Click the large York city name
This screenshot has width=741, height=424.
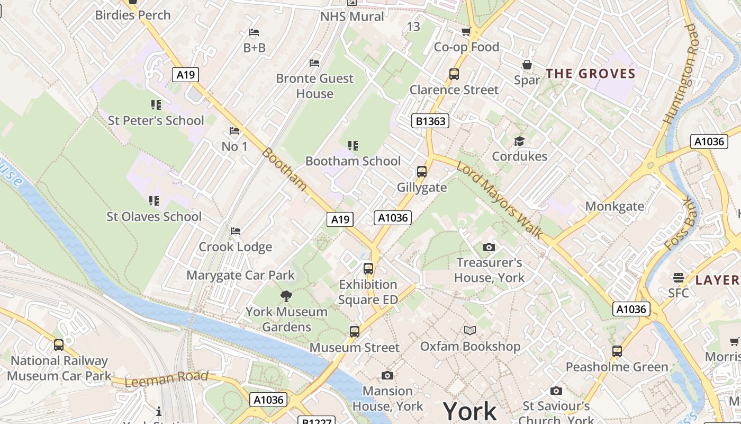(469, 411)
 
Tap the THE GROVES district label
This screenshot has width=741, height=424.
(590, 74)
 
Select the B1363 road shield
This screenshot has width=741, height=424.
(430, 121)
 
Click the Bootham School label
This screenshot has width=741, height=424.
(353, 161)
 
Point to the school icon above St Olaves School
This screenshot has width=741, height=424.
(154, 201)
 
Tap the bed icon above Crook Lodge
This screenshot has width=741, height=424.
(236, 231)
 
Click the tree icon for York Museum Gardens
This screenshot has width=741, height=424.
(286, 296)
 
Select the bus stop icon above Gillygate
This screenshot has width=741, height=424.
(422, 172)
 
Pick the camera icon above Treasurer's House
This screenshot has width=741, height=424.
(489, 247)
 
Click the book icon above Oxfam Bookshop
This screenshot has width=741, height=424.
(470, 331)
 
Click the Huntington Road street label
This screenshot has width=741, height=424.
(680, 74)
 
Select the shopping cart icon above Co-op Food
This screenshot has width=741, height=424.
(466, 32)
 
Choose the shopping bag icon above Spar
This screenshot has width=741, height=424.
(527, 65)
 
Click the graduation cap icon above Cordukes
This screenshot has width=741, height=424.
(519, 141)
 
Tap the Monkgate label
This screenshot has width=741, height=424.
(615, 206)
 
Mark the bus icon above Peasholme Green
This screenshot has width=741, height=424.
(617, 351)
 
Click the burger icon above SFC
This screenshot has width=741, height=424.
(679, 278)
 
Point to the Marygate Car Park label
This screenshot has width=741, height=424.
(240, 275)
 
